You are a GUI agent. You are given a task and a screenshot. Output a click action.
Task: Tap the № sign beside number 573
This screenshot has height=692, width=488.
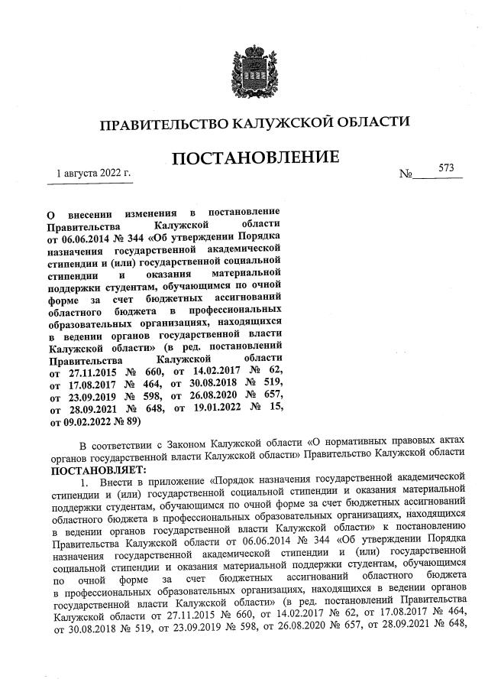point(406,175)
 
